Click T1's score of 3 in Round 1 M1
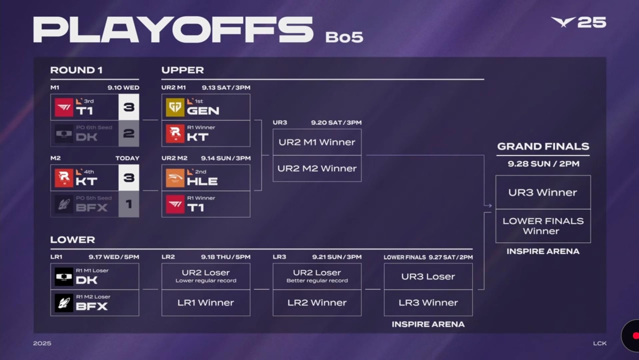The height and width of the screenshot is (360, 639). (129, 107)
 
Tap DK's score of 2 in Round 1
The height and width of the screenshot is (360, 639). (129, 133)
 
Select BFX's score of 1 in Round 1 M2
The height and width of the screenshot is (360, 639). (129, 204)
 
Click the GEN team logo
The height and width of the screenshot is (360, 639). (175, 107)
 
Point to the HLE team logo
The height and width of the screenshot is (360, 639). (175, 178)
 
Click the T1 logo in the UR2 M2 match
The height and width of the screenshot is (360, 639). (175, 204)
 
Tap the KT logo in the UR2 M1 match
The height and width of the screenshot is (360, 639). (175, 134)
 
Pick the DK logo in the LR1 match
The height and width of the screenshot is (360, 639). (64, 277)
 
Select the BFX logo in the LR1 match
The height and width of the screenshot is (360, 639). (64, 303)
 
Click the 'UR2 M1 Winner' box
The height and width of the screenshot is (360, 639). (317, 142)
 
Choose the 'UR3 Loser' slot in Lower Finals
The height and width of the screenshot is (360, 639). (428, 276)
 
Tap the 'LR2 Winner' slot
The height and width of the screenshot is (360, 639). (317, 303)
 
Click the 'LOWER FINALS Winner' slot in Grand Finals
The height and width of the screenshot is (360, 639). (543, 226)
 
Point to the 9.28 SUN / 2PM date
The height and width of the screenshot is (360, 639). (543, 164)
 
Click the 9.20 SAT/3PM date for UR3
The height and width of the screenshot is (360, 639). (336, 123)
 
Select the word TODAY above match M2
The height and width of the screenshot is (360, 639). (127, 158)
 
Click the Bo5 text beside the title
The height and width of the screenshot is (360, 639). (344, 37)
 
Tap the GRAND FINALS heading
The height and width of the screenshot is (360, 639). (543, 146)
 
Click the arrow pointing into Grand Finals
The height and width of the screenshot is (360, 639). (488, 205)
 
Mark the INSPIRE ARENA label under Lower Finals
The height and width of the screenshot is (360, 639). (428, 324)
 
